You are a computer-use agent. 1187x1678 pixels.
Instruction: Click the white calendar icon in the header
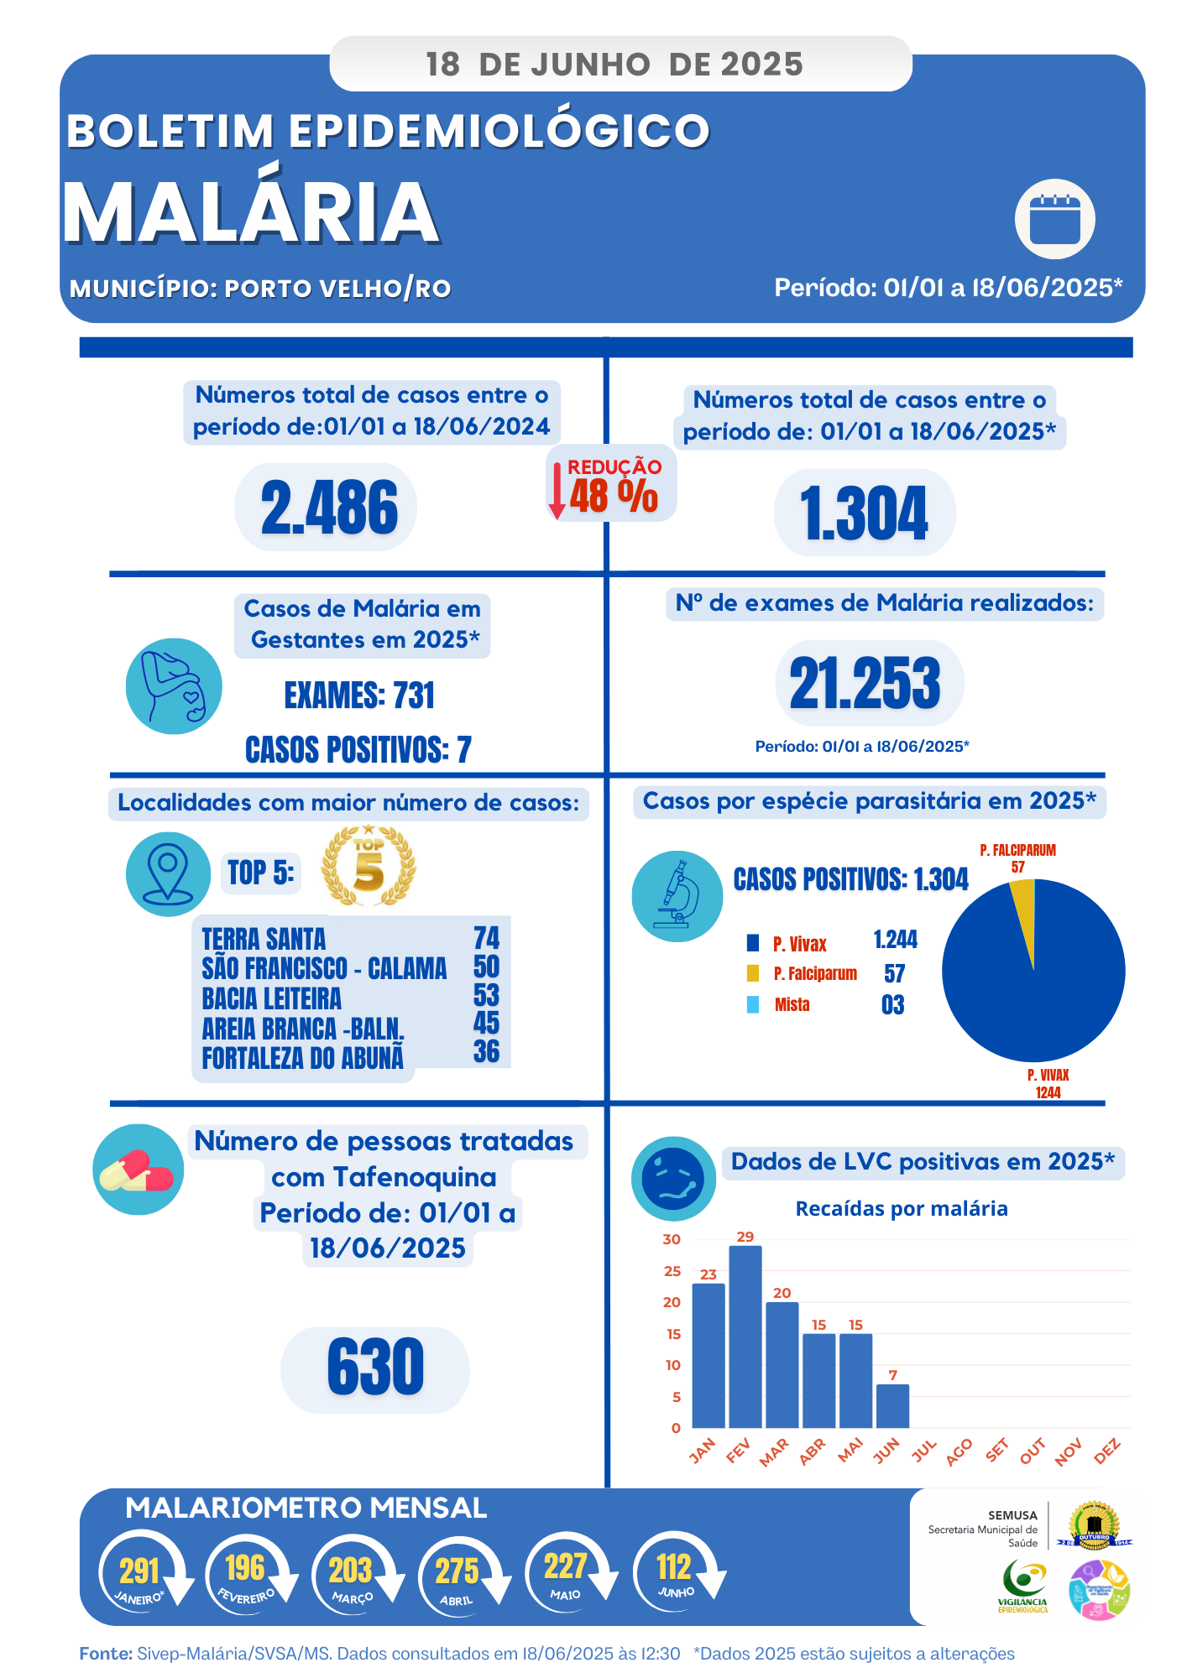[x=1054, y=219]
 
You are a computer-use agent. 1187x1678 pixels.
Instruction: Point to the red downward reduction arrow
[x=557, y=491]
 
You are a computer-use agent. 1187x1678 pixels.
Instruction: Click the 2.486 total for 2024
[x=328, y=508]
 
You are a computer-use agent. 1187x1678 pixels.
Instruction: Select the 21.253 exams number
[x=865, y=683]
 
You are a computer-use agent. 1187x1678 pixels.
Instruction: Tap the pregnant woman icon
[x=174, y=686]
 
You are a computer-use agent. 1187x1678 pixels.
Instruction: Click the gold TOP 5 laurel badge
[x=369, y=867]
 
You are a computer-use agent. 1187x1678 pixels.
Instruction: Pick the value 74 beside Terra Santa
[x=486, y=938]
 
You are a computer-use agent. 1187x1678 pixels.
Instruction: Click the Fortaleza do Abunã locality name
[x=302, y=1058]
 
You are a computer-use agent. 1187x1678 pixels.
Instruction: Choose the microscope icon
[x=677, y=896]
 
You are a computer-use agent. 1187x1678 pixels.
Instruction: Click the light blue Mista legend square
[x=753, y=1004]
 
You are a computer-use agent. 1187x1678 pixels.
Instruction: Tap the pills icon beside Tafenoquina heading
[x=138, y=1170]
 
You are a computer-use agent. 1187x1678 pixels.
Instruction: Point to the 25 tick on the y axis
[x=672, y=1271]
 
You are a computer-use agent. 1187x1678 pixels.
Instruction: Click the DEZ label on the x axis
[x=1107, y=1451]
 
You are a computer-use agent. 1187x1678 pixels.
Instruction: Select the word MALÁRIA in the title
[x=251, y=212]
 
